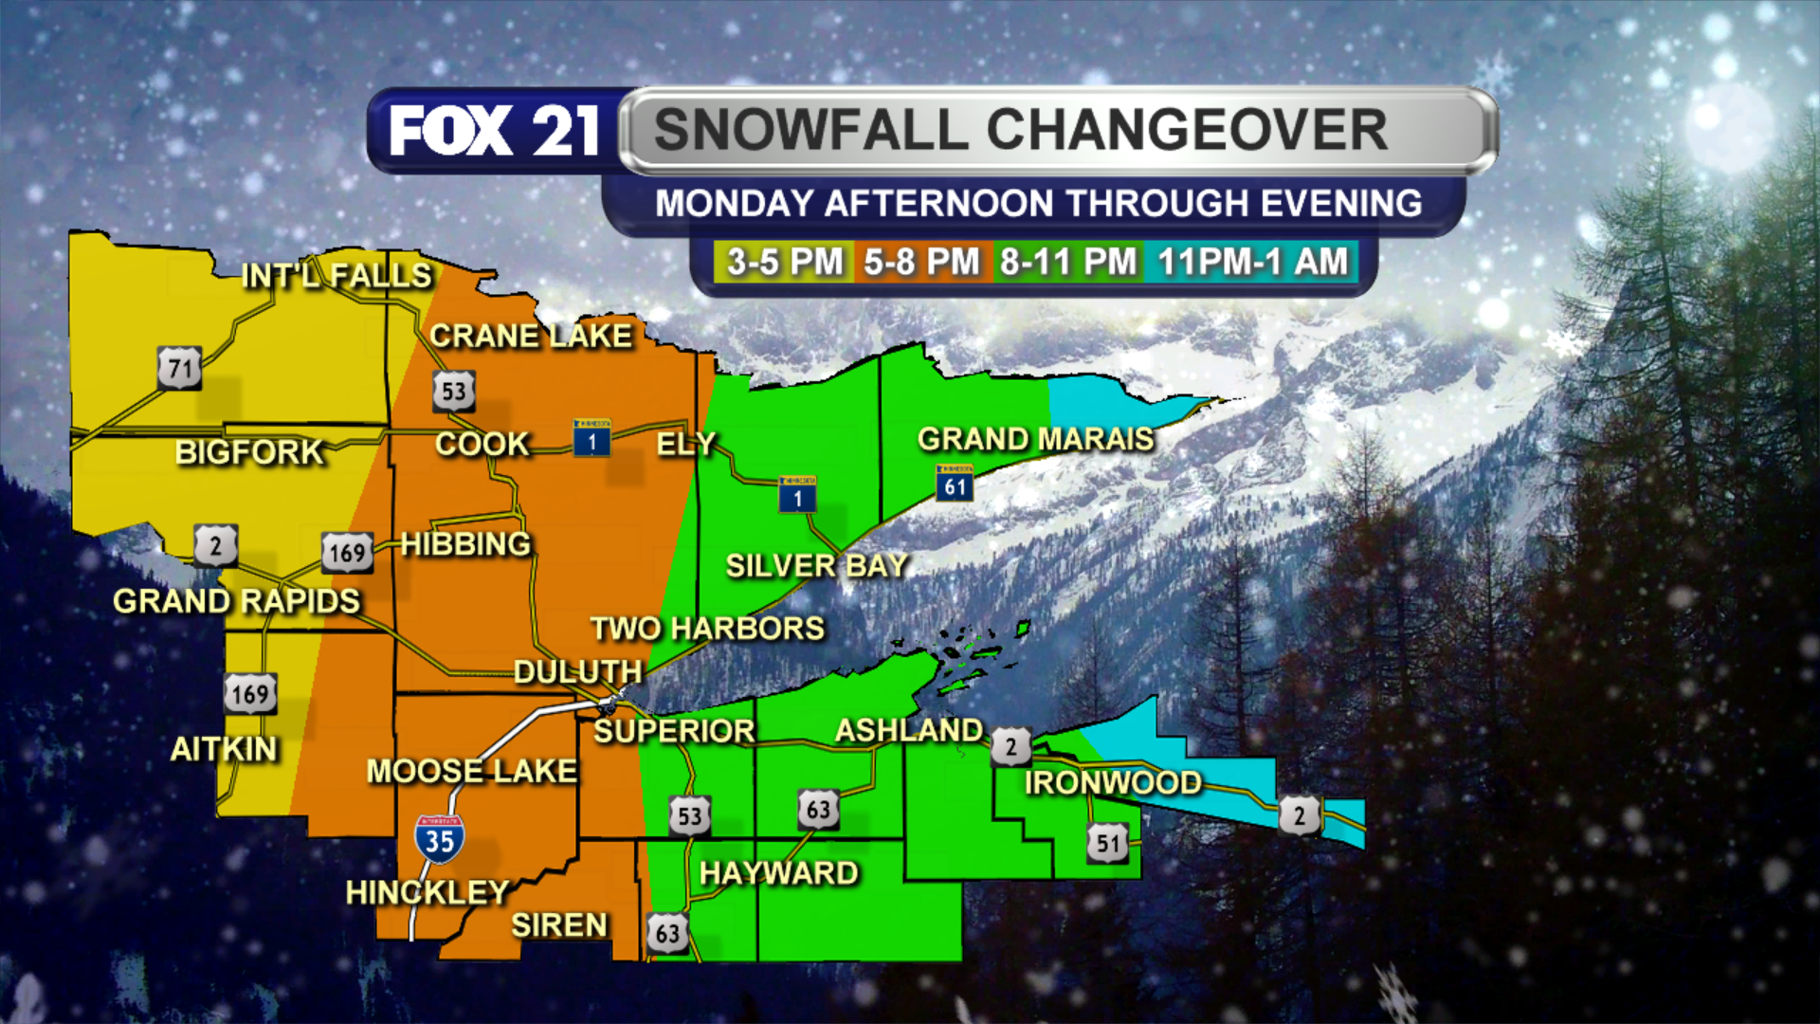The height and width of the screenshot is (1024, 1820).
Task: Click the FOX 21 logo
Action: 494,131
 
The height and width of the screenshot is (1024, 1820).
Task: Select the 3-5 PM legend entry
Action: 784,262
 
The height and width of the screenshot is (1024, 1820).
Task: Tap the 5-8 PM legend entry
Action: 921,262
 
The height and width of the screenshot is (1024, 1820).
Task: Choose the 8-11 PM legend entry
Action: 1067,262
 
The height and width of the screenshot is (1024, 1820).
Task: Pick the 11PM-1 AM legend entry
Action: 1251,262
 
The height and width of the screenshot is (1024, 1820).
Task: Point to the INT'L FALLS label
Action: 337,276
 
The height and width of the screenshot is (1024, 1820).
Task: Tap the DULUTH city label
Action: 577,672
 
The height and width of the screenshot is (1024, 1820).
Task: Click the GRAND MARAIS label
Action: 1035,439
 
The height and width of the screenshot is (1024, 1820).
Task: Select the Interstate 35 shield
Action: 439,839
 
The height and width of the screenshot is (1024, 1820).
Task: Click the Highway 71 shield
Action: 179,368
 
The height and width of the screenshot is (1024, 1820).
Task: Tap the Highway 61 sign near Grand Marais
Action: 955,485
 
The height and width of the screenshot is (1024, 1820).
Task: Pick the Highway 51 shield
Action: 1107,843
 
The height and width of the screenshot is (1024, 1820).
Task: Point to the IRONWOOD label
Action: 1113,783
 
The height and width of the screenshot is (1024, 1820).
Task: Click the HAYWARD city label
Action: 778,873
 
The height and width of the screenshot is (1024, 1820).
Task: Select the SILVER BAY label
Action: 816,566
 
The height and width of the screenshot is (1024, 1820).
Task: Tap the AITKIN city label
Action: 224,750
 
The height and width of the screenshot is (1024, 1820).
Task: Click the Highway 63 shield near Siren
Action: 667,933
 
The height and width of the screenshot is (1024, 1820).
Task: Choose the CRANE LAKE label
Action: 530,336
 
